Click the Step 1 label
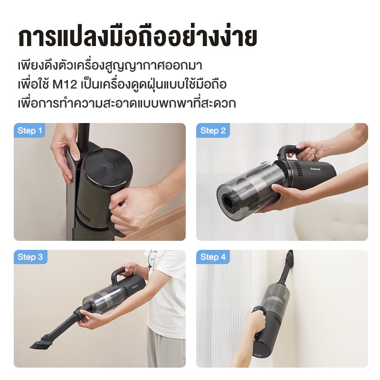[30, 131]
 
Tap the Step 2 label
[213, 131]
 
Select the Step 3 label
[30, 257]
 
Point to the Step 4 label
[213, 257]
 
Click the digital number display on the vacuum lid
[108, 166]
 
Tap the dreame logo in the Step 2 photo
[315, 168]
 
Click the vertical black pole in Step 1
[83, 141]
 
